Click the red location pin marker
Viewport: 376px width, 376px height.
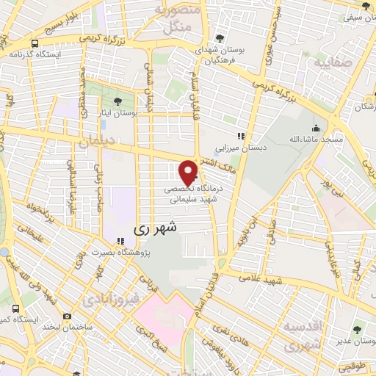[189, 172]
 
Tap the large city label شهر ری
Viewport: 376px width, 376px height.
[155, 228]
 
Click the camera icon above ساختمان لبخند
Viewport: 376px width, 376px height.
[67, 316]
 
